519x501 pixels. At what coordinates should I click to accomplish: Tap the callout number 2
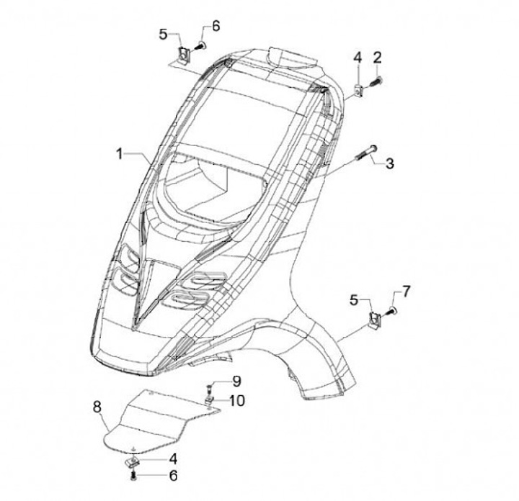click(x=378, y=57)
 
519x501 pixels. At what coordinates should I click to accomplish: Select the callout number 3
click(x=389, y=163)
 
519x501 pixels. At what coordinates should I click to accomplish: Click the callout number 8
click(x=97, y=408)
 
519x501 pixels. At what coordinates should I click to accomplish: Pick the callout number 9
click(x=236, y=382)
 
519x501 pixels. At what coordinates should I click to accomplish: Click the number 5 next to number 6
click(x=164, y=34)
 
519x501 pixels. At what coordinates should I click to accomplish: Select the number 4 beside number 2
click(x=357, y=57)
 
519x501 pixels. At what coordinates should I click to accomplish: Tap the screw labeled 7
click(x=394, y=310)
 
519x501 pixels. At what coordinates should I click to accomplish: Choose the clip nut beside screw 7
click(x=374, y=317)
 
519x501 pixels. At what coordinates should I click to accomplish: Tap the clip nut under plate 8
click(x=133, y=459)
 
